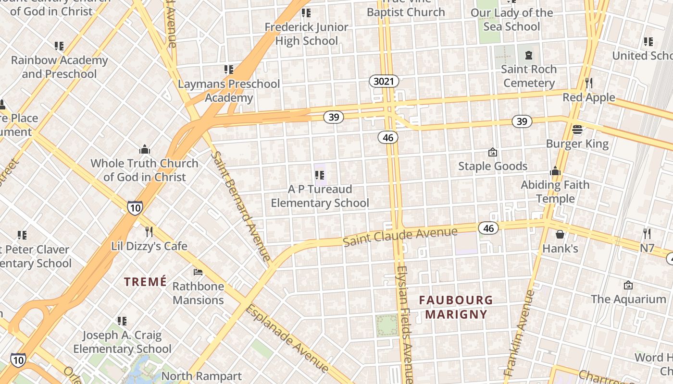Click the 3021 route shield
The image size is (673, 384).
click(384, 82)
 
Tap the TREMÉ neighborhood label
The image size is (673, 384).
click(145, 282)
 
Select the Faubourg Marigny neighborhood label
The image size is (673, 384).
click(456, 308)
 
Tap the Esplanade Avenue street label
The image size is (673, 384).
click(287, 339)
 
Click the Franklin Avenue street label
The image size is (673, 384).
click(519, 333)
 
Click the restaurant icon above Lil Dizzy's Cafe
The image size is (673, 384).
click(149, 232)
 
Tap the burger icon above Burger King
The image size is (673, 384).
click(577, 130)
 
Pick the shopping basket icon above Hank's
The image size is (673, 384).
click(560, 234)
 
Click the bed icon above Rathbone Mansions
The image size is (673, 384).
click(198, 272)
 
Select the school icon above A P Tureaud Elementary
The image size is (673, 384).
click(320, 175)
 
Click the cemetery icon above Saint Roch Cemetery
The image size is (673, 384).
click(529, 55)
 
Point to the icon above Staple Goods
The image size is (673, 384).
click(492, 152)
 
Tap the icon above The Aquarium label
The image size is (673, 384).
click(628, 285)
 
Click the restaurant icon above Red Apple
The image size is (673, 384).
click(589, 83)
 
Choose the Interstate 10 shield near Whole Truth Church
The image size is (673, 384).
click(135, 207)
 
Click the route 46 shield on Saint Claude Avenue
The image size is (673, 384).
click(489, 228)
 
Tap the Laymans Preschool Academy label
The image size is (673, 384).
click(229, 91)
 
